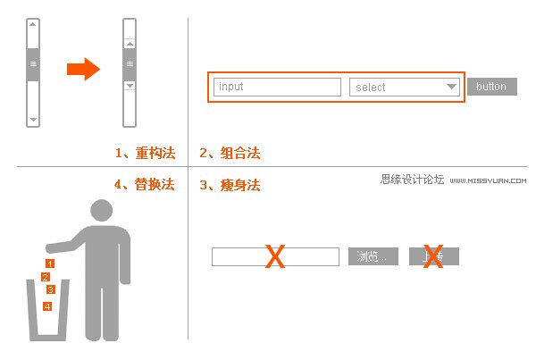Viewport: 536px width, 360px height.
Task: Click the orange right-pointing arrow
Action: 83,69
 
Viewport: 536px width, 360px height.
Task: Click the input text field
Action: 278,87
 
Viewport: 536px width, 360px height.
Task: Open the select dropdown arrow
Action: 451,87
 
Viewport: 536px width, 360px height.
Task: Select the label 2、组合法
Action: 230,154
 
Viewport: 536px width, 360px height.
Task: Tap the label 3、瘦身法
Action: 230,186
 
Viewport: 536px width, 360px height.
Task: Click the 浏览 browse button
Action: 373,257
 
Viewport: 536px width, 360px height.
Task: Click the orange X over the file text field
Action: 275,257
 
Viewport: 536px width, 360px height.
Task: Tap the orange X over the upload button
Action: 433,256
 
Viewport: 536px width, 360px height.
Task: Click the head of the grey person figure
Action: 103,213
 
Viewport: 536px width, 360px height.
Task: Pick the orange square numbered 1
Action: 50,264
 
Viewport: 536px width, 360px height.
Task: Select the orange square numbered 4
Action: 47,306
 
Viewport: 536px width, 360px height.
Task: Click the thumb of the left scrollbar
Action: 34,64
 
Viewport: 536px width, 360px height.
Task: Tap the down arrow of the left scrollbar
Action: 34,119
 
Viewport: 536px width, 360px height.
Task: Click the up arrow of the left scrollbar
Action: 34,25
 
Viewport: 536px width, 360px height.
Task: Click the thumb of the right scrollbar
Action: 130,63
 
